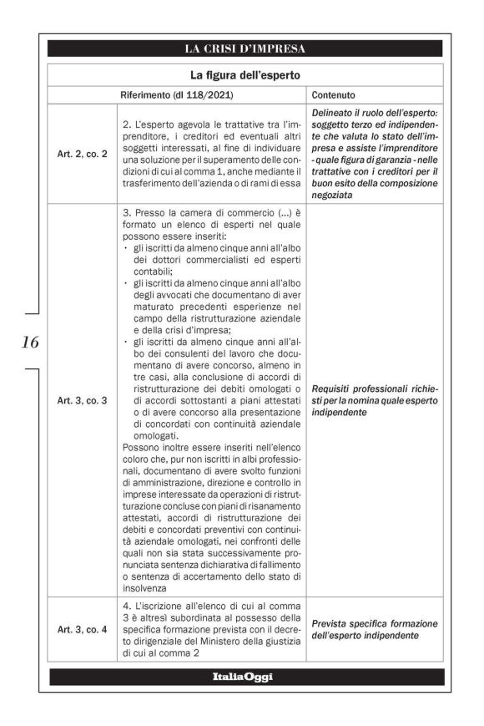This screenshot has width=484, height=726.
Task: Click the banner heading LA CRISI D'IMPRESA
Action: click(x=245, y=48)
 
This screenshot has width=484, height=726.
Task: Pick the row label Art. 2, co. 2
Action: click(x=82, y=154)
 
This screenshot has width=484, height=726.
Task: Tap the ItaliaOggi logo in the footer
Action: click(x=245, y=677)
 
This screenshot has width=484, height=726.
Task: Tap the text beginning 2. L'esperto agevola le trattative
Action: click(x=210, y=154)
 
